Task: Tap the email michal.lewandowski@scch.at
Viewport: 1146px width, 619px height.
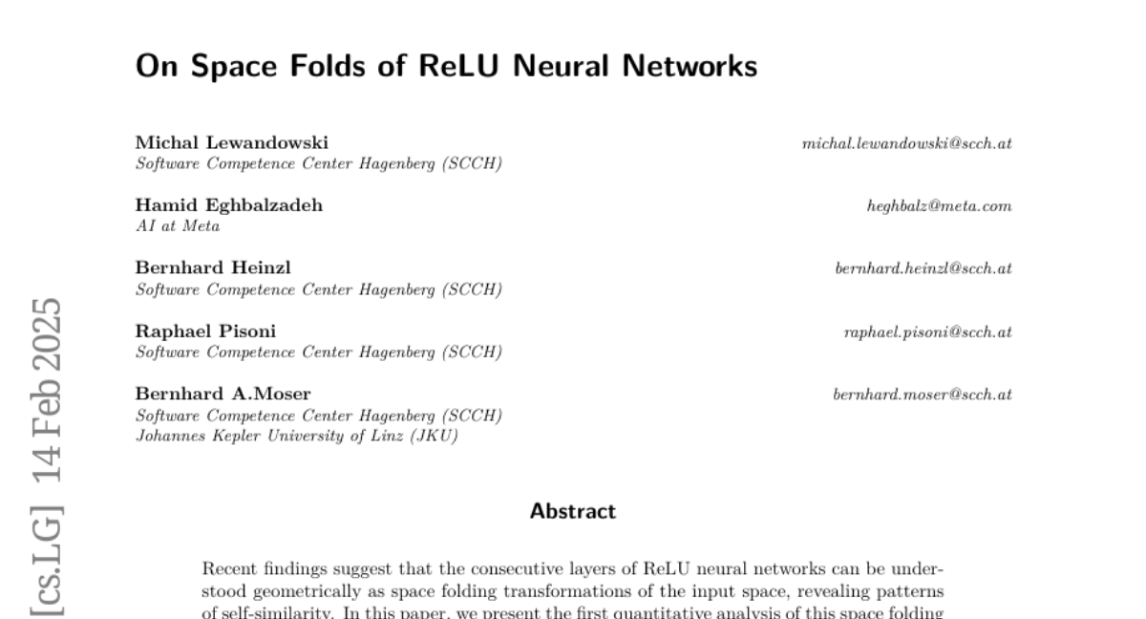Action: (907, 143)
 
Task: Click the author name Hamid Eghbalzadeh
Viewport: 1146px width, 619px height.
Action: (228, 205)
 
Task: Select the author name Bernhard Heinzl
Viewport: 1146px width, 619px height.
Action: (213, 268)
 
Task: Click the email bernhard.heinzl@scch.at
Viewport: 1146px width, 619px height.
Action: (923, 269)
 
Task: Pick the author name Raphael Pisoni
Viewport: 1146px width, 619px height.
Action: (205, 331)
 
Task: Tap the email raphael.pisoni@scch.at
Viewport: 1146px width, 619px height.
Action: (926, 332)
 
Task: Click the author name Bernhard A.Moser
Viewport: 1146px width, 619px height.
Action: (223, 395)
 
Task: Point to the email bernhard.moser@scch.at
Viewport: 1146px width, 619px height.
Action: (923, 395)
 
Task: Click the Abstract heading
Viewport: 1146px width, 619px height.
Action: (573, 512)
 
